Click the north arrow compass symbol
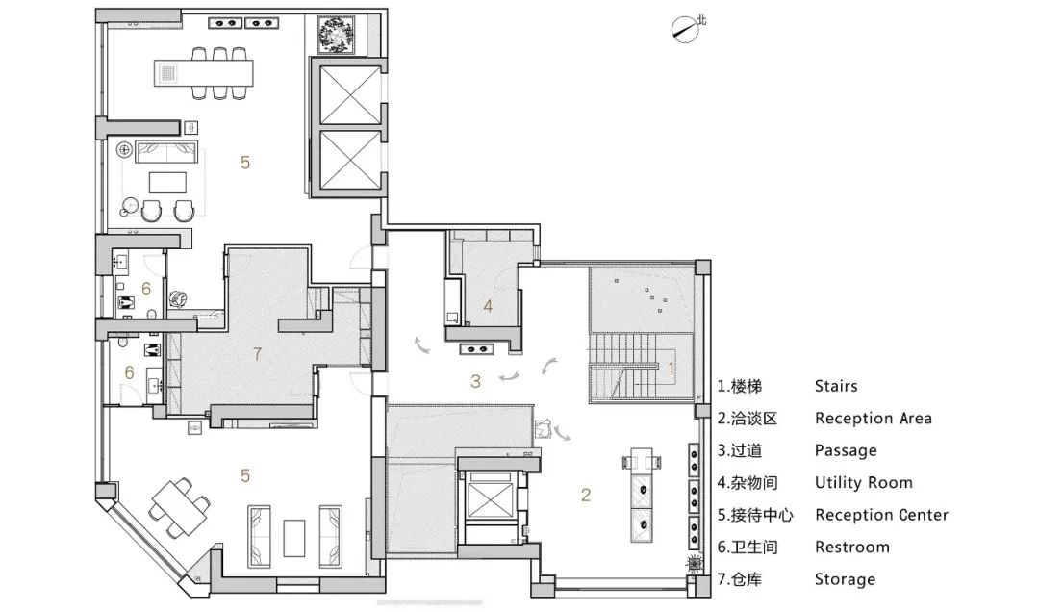pyautogui.click(x=687, y=28)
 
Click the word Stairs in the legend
pyautogui.click(x=836, y=386)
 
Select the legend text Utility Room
pyautogui.click(x=863, y=483)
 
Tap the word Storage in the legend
pyautogui.click(x=845, y=579)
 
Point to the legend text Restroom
pyautogui.click(x=852, y=547)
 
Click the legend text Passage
pyautogui.click(x=846, y=451)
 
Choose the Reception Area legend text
pyautogui.click(x=874, y=419)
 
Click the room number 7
pyautogui.click(x=257, y=354)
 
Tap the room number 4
pyautogui.click(x=488, y=306)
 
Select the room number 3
pyautogui.click(x=475, y=381)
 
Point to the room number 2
pyautogui.click(x=586, y=495)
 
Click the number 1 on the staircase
pyautogui.click(x=671, y=368)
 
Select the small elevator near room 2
pyautogui.click(x=490, y=496)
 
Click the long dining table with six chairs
pyautogui.click(x=204, y=73)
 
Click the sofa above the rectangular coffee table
pyautogui.click(x=167, y=152)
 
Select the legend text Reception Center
pyautogui.click(x=881, y=515)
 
